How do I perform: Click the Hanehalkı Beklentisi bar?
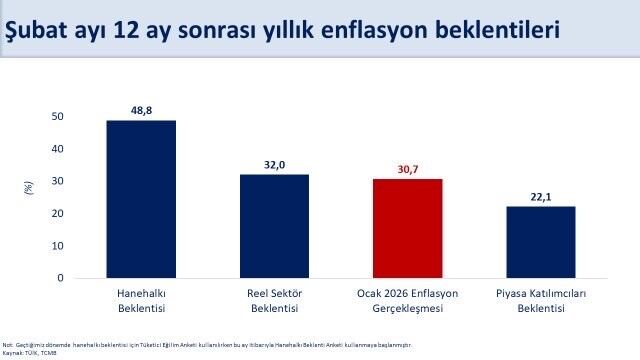click(x=141, y=199)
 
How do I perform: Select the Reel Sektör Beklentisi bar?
click(x=274, y=226)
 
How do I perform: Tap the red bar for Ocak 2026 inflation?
click(x=407, y=228)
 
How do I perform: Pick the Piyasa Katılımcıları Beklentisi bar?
click(x=540, y=242)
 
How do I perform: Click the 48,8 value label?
click(x=141, y=109)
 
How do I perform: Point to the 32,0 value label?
click(x=274, y=163)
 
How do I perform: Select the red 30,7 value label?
click(x=407, y=168)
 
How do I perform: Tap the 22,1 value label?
click(x=540, y=196)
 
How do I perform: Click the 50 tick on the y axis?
click(x=57, y=117)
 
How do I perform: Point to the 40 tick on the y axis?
click(x=57, y=149)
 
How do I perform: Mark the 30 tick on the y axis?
click(x=57, y=181)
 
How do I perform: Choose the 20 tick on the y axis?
click(x=57, y=214)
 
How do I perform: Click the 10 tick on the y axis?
click(x=57, y=246)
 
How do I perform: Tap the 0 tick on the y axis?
click(x=60, y=278)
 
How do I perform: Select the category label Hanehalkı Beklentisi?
click(x=141, y=301)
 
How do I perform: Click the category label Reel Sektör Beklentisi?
click(x=274, y=301)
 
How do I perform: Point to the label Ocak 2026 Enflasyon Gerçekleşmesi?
click(x=407, y=301)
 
